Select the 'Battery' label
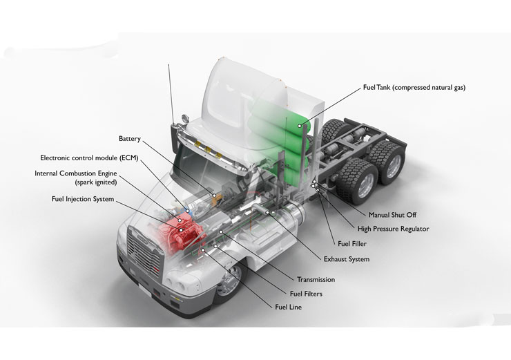pyautogui.click(x=129, y=139)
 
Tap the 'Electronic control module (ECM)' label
pyautogui.click(x=89, y=158)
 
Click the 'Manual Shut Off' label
pyautogui.click(x=394, y=215)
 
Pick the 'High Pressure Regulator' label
pyautogui.click(x=393, y=229)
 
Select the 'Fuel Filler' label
pyautogui.click(x=357, y=244)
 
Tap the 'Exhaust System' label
pyautogui.click(x=346, y=259)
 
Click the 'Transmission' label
pyautogui.click(x=316, y=279)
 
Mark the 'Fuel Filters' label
pyautogui.click(x=303, y=294)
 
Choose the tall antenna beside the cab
pyautogui.click(x=170, y=90)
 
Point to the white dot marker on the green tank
pyautogui.click(x=299, y=126)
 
